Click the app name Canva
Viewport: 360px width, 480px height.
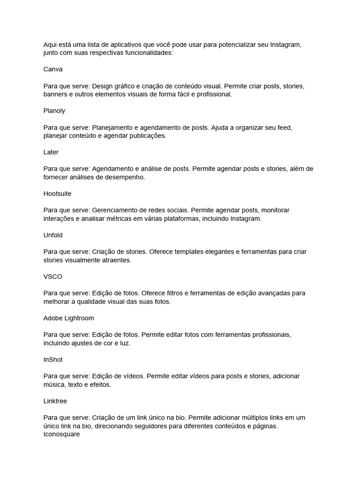click(x=53, y=69)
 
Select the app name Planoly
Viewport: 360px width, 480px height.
click(x=54, y=111)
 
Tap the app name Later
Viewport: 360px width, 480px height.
click(x=51, y=152)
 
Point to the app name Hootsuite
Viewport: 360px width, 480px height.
click(x=58, y=194)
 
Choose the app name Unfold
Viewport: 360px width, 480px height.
click(x=53, y=235)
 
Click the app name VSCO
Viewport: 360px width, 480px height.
click(x=52, y=277)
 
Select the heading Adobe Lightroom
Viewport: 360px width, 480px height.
click(x=68, y=318)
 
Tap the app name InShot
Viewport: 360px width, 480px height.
click(x=53, y=360)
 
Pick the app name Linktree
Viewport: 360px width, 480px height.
click(x=55, y=401)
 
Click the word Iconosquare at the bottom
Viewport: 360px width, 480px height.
click(x=61, y=434)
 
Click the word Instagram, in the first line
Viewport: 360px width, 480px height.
click(x=285, y=45)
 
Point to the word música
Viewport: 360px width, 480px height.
click(x=55, y=384)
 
